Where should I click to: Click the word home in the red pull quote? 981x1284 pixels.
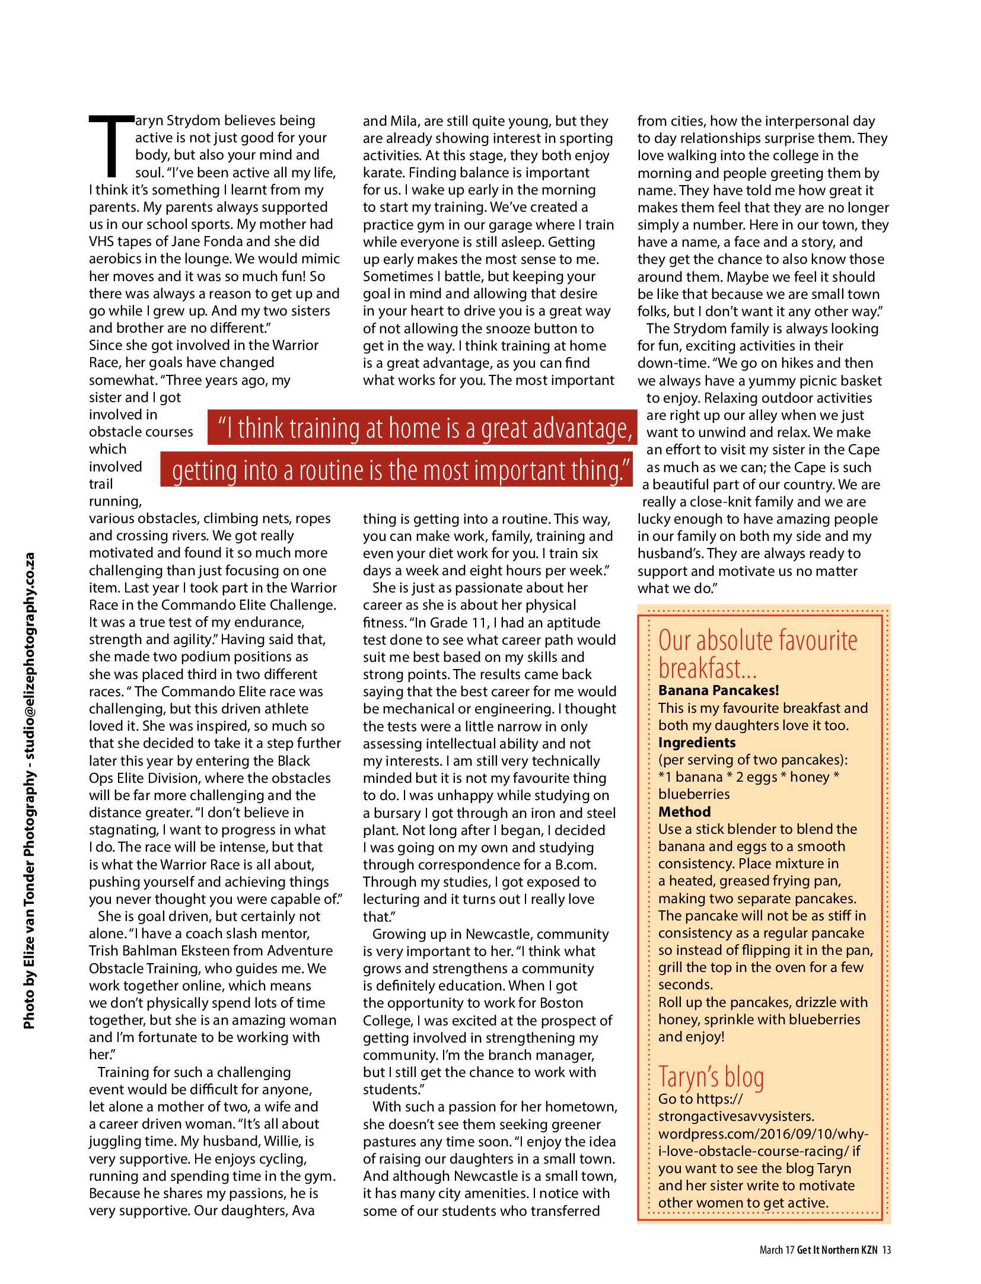[434, 428]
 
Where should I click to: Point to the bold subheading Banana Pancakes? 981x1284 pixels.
[718, 690]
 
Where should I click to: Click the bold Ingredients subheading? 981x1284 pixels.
[696, 743]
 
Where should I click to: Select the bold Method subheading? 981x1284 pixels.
[684, 812]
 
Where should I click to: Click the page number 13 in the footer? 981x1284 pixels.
[886, 1250]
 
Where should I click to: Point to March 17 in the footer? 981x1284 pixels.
[776, 1250]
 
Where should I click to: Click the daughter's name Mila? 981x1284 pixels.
[403, 121]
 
